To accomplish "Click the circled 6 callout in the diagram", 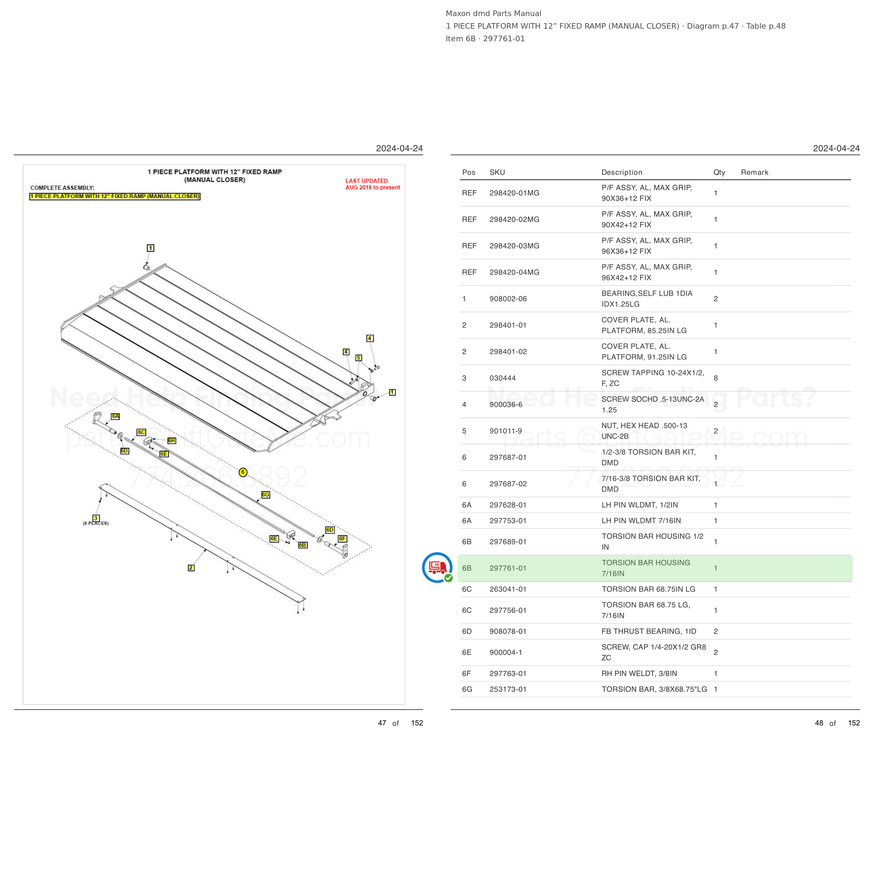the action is point(243,472).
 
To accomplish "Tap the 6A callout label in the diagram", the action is point(115,416).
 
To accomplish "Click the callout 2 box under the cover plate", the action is point(191,568).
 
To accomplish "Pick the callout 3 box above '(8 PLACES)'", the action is point(96,518).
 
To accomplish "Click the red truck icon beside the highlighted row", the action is point(437,567).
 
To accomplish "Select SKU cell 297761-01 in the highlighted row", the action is point(508,568).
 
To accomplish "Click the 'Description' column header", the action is point(622,172).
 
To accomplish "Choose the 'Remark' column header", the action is point(754,172).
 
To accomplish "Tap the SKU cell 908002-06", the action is point(508,299).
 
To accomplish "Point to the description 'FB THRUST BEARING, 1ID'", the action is point(649,631).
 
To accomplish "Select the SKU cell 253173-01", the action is point(508,689).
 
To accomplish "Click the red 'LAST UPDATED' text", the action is point(366,181).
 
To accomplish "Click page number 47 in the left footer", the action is point(382,723).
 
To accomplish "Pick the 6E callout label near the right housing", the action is point(274,539).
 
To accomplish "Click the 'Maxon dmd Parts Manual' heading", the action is point(494,14).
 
